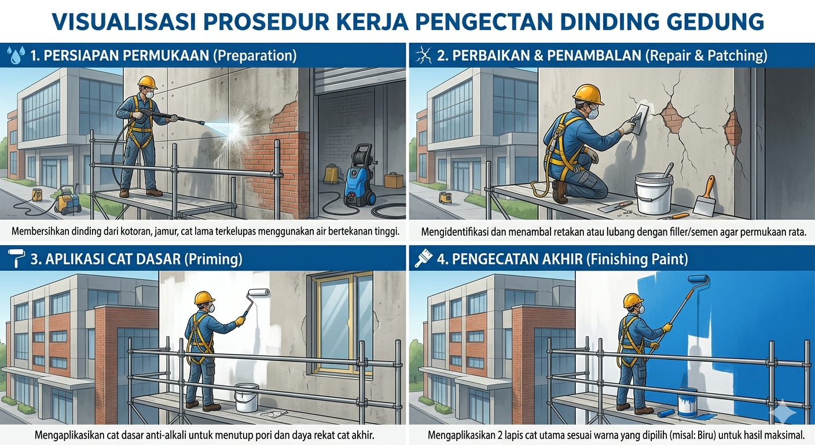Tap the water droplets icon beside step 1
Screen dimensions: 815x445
[16, 55]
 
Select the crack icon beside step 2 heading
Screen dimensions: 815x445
[423, 56]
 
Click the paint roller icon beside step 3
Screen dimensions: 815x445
[16, 258]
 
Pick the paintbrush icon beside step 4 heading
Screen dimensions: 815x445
[424, 258]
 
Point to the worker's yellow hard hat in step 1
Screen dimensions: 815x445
[147, 82]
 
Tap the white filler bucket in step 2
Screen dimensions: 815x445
[654, 193]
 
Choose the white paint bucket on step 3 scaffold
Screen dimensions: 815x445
[247, 397]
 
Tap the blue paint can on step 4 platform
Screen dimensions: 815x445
[687, 402]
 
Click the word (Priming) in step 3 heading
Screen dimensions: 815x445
[213, 259]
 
